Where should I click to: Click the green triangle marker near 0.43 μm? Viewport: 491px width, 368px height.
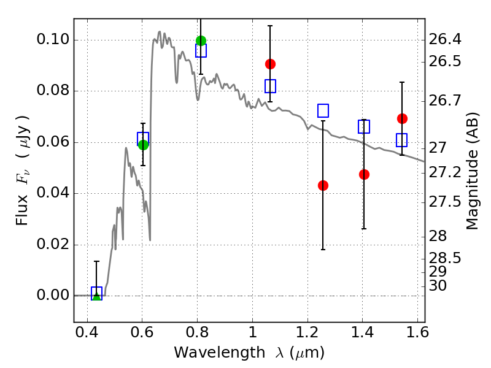pyautogui.click(x=97, y=296)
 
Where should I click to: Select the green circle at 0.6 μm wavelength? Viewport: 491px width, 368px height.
pyautogui.click(x=143, y=145)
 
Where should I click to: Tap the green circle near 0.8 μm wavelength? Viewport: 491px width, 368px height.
pyautogui.click(x=201, y=40)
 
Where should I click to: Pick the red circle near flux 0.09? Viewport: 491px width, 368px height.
pyautogui.click(x=270, y=64)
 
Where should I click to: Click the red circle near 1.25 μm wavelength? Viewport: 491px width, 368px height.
pyautogui.click(x=323, y=186)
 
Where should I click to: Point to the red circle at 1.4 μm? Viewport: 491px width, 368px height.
pyautogui.click(x=364, y=174)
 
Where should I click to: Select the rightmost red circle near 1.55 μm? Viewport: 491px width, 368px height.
pyautogui.click(x=402, y=118)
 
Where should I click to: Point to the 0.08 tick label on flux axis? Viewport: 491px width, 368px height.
pyautogui.click(x=53, y=90)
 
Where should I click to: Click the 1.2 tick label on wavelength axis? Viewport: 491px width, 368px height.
pyautogui.click(x=307, y=332)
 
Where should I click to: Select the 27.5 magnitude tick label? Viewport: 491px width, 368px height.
pyautogui.click(x=444, y=202)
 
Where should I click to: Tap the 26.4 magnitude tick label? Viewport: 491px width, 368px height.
pyautogui.click(x=444, y=39)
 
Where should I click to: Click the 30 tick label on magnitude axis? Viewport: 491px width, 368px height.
pyautogui.click(x=438, y=286)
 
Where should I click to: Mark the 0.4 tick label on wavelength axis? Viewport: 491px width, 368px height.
pyautogui.click(x=87, y=332)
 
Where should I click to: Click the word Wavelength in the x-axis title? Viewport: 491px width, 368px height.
pyautogui.click(x=220, y=353)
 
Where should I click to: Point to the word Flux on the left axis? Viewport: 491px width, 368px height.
pyautogui.click(x=22, y=210)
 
